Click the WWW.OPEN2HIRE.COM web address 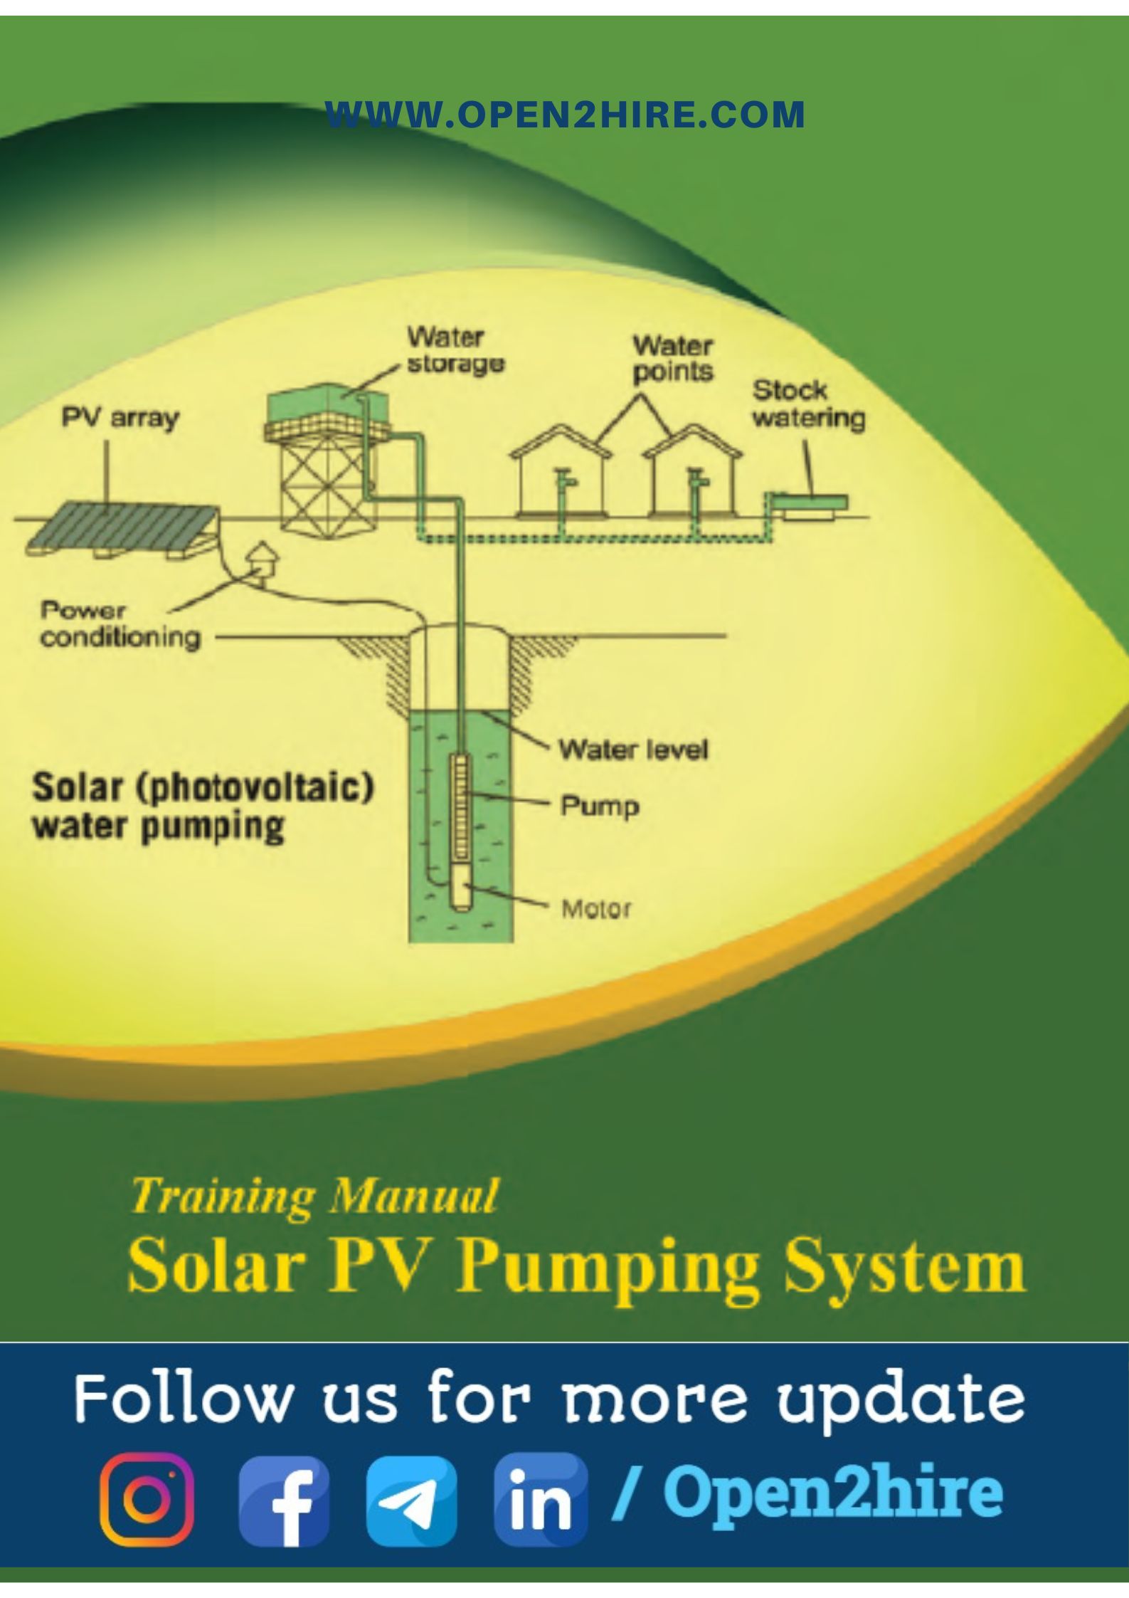pos(565,115)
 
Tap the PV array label pos(120,418)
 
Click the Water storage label pos(455,349)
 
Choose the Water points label pos(672,359)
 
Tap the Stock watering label pos(808,404)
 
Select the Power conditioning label pos(120,624)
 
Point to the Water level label pos(633,749)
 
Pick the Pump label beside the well pos(600,806)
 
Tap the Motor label pos(596,908)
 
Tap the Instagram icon pos(146,1499)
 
